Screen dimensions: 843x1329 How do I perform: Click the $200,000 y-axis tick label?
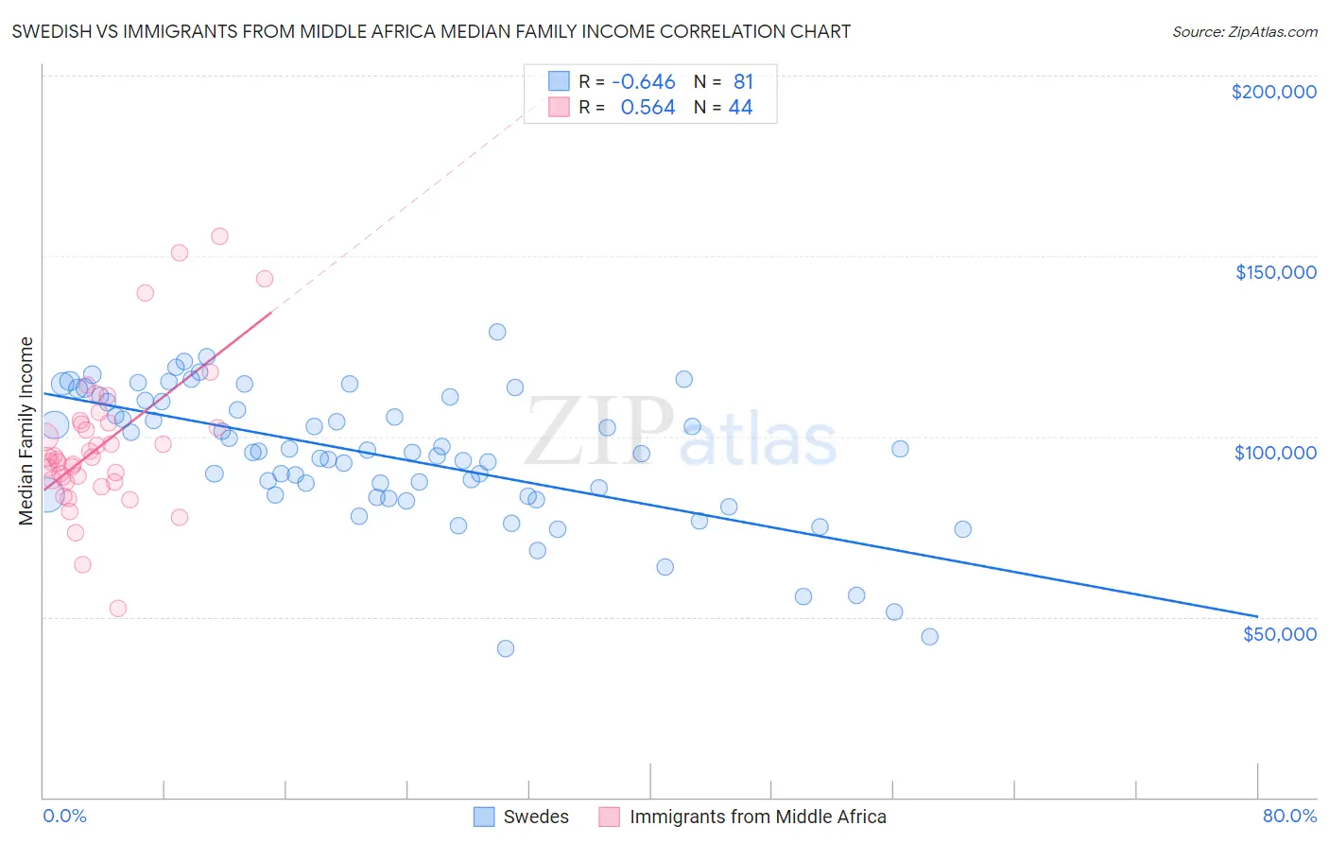1273,92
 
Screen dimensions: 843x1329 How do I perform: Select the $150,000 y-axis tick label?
1275,272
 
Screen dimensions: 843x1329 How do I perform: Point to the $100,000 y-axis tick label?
1275,453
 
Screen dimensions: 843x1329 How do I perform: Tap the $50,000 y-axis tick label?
1279,633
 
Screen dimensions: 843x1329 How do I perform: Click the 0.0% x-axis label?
64,816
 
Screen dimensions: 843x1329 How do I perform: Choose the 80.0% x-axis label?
1289,816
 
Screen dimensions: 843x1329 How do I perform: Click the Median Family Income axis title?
26,431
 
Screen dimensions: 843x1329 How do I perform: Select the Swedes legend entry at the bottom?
535,817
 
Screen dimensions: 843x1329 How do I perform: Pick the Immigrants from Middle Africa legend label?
757,817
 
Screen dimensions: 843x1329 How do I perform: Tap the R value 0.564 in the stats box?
647,108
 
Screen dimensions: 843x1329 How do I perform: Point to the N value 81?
743,82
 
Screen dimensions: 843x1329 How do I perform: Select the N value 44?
740,108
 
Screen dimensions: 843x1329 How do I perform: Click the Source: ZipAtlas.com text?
1244,31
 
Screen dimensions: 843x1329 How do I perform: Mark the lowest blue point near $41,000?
506,648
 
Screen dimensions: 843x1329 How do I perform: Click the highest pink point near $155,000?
219,236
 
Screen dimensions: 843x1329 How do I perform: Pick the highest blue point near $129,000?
497,332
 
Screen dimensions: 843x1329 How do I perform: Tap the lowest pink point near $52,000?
118,609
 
